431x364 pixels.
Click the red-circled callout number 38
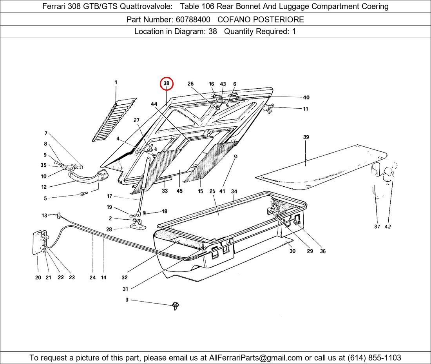pos(167,84)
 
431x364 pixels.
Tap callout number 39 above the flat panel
pos(306,137)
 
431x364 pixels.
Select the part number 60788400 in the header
pos(193,20)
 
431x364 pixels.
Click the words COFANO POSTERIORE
pos(261,20)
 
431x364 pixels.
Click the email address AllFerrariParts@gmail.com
pos(255,358)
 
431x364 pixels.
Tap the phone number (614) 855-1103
pos(374,358)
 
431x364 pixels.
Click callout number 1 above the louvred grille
pos(116,82)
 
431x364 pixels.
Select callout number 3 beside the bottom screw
pos(127,300)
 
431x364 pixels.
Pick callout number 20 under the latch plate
pos(38,278)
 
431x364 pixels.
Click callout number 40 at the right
pos(306,97)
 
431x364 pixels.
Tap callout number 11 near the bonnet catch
pos(305,109)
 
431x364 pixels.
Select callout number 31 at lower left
pos(125,289)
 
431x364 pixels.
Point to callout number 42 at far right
pos(388,227)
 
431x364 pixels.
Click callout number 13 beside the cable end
pos(45,215)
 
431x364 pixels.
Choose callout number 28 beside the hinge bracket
pos(109,229)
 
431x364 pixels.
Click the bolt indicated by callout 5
pos(83,194)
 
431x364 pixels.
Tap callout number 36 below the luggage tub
pos(323,251)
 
